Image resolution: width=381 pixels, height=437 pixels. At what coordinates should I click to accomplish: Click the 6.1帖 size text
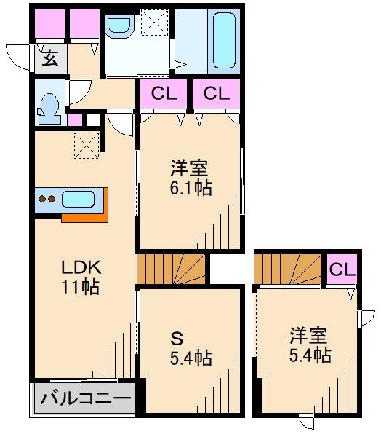pos(191,188)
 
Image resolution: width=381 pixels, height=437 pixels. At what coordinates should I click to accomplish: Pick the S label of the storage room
pos(177,338)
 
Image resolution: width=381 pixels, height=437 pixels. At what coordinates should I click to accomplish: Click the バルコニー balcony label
pos(86,400)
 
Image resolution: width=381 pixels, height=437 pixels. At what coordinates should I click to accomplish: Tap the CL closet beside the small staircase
pos(342,269)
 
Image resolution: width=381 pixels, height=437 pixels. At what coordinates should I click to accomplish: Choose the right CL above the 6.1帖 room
pos(216,94)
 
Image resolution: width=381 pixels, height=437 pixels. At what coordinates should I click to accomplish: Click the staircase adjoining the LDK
pos(172,269)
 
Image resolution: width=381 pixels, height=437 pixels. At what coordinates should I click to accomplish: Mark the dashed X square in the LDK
pos(86,144)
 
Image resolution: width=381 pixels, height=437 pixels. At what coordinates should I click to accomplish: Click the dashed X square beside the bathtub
pos(153,23)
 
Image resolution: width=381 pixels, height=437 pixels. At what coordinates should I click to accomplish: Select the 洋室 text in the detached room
pos(308,336)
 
